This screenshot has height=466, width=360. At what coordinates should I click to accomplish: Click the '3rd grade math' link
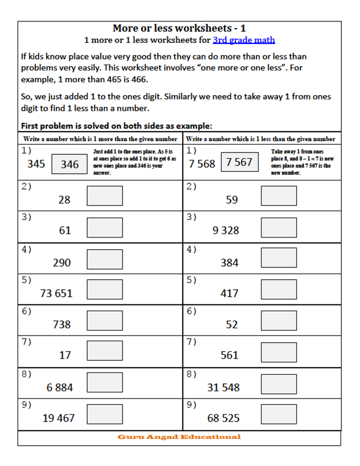coord(244,40)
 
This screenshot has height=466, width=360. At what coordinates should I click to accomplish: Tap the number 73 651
coord(56,293)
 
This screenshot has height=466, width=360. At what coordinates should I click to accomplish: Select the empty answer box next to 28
coord(105,196)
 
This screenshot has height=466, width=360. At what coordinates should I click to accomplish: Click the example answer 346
coord(70,164)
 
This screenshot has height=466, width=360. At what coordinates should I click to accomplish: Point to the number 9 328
coord(226,230)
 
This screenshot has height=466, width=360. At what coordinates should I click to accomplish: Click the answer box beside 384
coord(278,259)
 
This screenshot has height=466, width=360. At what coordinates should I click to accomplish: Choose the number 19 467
coord(58,418)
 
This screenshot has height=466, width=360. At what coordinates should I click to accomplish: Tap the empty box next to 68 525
coord(278,414)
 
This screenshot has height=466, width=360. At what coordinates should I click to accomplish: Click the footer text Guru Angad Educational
coord(179,437)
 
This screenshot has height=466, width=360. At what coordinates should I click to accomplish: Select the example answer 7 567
coord(239,163)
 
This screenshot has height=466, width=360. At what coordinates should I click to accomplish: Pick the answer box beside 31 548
coord(278,384)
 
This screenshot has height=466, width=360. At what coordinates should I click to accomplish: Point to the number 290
coord(62,262)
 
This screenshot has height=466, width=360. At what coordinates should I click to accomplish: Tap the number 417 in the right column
coord(229,293)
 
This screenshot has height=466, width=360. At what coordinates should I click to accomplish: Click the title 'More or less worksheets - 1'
coord(179,28)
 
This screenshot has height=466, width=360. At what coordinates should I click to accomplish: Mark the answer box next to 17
coord(105,352)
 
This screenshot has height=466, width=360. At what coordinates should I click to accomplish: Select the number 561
coord(229,355)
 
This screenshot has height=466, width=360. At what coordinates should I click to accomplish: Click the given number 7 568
coord(202,164)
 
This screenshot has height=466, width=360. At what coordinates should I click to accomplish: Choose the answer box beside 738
coord(105,321)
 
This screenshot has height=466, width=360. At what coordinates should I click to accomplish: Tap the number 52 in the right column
coord(232,325)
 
